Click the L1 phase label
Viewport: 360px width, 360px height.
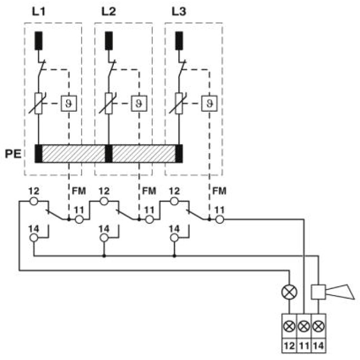coord(39,12)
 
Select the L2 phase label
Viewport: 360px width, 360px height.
coord(108,12)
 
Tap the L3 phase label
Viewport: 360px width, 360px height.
coord(179,12)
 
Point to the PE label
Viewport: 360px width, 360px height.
coord(13,153)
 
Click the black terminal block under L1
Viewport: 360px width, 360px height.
coord(39,41)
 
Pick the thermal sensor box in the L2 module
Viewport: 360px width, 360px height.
coord(139,103)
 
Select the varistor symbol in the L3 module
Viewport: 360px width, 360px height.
coord(179,103)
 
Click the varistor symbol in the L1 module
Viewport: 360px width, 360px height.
coord(38,103)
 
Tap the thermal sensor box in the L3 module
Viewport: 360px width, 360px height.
coord(209,103)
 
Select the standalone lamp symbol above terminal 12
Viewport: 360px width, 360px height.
coord(289,292)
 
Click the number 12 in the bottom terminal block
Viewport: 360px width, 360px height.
coord(289,345)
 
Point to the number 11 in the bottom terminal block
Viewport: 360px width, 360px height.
coord(304,345)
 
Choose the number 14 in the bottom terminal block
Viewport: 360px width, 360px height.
coord(319,345)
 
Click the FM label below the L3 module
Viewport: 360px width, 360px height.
coord(219,191)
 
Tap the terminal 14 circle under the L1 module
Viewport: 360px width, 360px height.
coord(34,238)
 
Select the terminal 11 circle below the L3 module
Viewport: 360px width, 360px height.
coord(220,220)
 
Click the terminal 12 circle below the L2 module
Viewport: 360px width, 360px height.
coord(104,201)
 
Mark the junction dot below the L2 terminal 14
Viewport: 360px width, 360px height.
coord(104,256)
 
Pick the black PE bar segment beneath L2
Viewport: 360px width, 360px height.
coord(108,153)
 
